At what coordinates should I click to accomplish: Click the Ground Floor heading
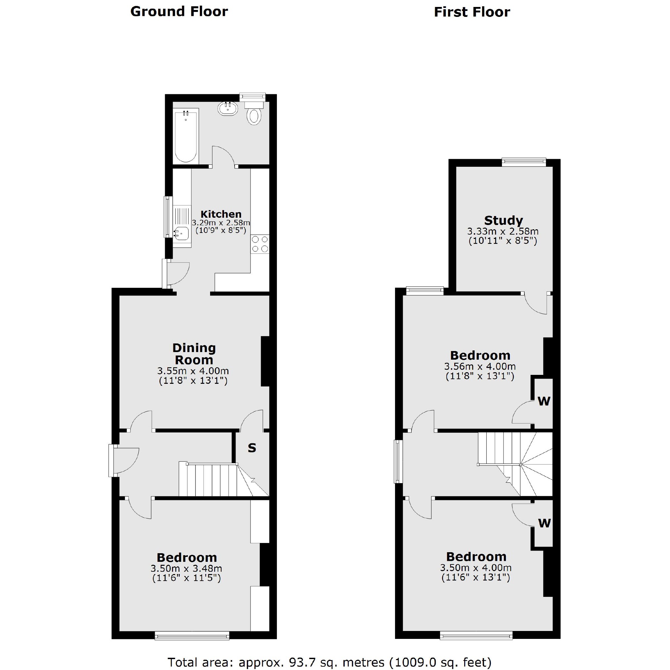179,12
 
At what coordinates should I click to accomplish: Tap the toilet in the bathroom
254,116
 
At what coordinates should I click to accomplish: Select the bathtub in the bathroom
186,137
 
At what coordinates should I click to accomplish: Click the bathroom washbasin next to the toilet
228,109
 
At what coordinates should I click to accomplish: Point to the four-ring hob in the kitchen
260,244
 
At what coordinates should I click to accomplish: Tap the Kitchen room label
221,214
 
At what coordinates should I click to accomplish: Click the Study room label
503,221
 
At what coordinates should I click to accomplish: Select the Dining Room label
194,354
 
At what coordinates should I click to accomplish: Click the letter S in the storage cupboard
252,448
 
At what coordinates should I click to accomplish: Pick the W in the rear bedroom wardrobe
544,401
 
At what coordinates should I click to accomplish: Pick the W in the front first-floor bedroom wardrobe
544,523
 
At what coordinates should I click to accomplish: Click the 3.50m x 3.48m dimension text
186,569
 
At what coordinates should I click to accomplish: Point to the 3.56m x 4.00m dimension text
480,366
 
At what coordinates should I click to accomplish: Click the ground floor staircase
211,480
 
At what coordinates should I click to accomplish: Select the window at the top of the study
524,161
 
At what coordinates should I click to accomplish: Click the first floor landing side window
398,461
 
